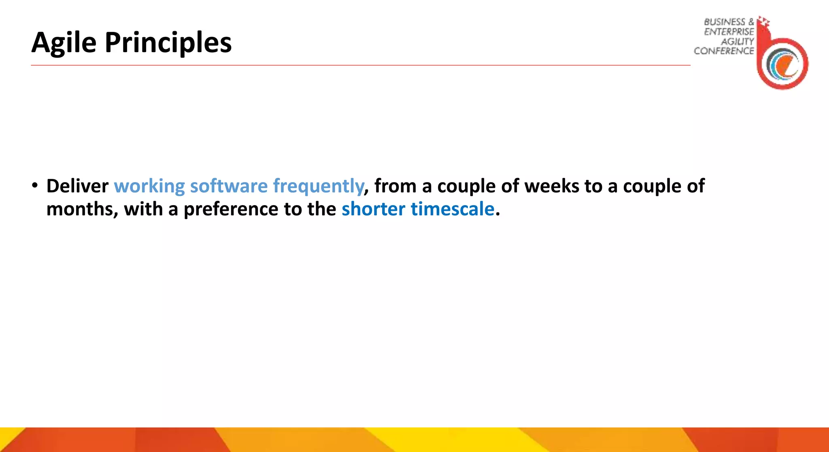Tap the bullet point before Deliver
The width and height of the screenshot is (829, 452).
(x=36, y=186)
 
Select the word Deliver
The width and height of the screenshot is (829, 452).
(x=77, y=186)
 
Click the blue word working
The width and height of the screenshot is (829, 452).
(x=149, y=186)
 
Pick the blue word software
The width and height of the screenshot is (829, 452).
(x=229, y=186)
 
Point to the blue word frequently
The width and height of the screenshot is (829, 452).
(x=319, y=186)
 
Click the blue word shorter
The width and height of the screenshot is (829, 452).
(x=373, y=209)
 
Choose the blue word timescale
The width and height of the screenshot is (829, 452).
(x=453, y=209)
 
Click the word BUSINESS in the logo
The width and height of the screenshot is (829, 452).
(x=724, y=22)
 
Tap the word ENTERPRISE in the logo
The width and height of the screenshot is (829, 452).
(x=729, y=32)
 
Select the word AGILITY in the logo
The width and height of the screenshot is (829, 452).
(x=738, y=41)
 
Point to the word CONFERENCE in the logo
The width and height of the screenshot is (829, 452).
(x=724, y=51)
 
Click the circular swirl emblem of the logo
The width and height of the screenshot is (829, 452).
(x=783, y=64)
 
